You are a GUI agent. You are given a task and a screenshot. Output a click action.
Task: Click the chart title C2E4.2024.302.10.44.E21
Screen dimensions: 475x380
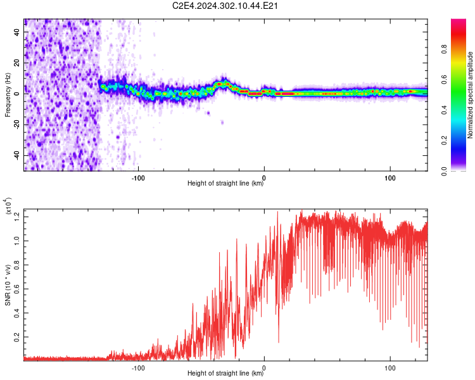coord(225,6)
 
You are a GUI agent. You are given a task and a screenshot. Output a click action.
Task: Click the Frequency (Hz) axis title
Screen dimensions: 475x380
coord(8,95)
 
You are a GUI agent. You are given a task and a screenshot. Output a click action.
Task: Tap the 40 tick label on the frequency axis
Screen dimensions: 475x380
coord(17,32)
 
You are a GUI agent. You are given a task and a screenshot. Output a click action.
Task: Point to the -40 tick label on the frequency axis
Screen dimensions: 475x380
coord(17,155)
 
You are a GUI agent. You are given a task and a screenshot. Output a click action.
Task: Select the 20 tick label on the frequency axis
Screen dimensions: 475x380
coord(17,63)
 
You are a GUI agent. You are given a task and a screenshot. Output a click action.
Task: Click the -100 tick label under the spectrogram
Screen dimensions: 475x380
coord(138,178)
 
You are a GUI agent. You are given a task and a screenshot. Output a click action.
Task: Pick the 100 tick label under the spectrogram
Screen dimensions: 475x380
coord(390,178)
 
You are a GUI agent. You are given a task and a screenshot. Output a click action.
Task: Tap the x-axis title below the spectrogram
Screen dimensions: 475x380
coord(225,183)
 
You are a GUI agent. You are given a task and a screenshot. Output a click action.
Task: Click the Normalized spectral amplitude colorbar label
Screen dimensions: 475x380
coord(470,95)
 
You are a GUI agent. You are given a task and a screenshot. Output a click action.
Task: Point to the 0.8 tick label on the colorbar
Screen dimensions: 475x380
coord(444,49)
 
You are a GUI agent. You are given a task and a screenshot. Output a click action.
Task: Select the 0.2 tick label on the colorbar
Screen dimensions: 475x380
coord(444,141)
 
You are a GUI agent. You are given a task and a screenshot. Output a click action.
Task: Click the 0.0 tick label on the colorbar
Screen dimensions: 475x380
coord(444,171)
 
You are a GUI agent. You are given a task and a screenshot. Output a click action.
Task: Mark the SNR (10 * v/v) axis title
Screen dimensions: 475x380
coord(8,285)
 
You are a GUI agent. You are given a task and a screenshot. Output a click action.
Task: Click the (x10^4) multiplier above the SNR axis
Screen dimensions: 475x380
coord(8,206)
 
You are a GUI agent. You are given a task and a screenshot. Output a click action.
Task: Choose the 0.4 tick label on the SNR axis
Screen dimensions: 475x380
coord(17,313)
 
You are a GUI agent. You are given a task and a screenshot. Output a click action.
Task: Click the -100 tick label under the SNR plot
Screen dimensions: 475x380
coord(138,368)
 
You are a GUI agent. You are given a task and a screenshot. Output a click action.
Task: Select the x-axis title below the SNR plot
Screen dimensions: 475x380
coord(225,373)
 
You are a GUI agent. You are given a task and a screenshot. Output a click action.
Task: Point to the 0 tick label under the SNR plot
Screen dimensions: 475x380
coord(264,368)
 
